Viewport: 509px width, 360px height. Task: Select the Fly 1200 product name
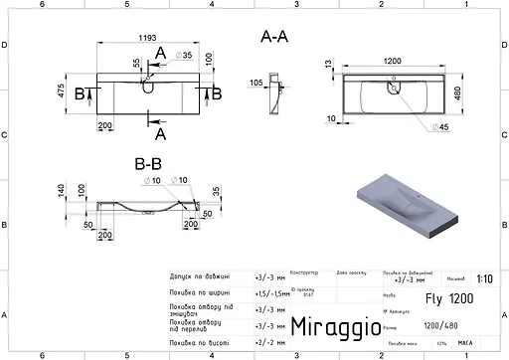pyautogui.click(x=430, y=297)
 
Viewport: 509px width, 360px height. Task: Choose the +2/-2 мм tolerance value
pyautogui.click(x=268, y=341)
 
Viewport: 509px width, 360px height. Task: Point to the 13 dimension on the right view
pyautogui.click(x=328, y=64)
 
